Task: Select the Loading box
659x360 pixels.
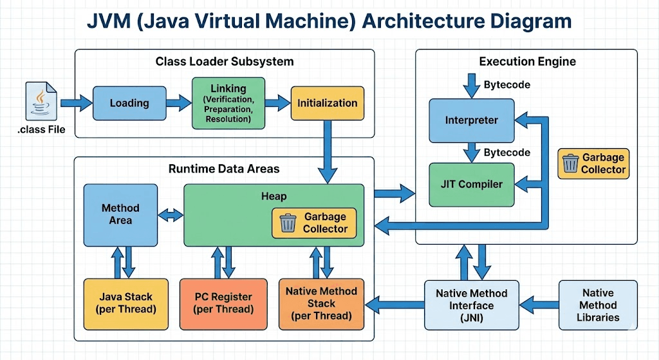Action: (x=129, y=102)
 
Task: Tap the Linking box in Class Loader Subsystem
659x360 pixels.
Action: (x=228, y=103)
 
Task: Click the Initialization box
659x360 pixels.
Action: (x=327, y=102)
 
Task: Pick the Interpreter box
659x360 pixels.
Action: (x=471, y=120)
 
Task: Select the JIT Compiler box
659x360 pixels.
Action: (x=471, y=184)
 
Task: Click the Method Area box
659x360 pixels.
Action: (x=120, y=214)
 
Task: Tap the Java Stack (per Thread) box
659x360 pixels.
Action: (x=125, y=303)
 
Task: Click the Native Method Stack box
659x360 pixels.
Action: (x=321, y=303)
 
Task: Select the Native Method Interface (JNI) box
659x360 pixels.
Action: (x=471, y=305)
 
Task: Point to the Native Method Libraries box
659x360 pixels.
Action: (x=598, y=305)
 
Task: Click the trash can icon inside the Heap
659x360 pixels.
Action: (x=288, y=223)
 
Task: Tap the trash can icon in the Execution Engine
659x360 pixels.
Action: (x=570, y=163)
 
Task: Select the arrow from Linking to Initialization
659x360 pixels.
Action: (x=278, y=102)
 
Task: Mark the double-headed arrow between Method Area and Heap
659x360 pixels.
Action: (x=171, y=215)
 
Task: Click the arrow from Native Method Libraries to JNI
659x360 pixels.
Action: (x=539, y=300)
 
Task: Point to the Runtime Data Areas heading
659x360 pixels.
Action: (x=224, y=169)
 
